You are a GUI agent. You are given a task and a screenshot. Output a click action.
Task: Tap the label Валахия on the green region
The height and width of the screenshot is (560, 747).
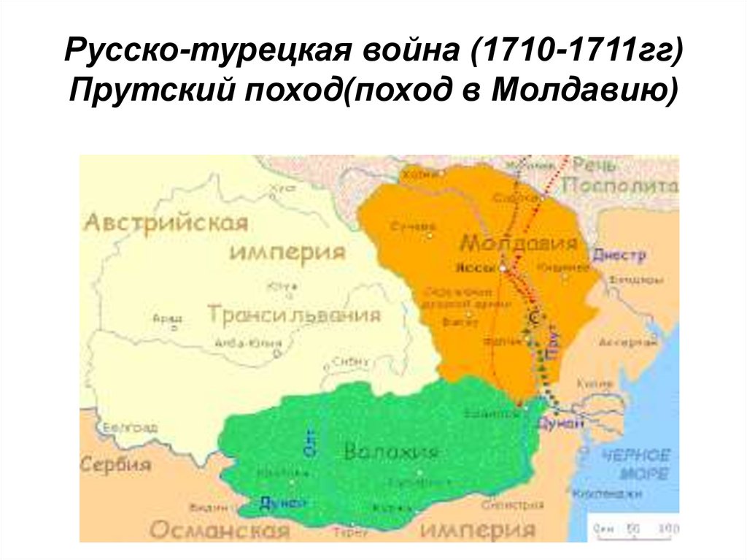click(391, 452)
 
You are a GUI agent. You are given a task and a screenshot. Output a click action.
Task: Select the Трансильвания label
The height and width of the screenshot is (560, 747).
click(294, 315)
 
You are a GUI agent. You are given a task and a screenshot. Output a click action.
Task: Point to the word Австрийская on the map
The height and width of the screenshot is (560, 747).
click(166, 222)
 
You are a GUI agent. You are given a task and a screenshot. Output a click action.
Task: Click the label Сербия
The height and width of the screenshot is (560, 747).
click(116, 464)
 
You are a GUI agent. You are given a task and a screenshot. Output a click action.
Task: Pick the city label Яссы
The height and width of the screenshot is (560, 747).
click(471, 267)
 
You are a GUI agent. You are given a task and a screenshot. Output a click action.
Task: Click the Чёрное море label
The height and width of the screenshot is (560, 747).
click(635, 464)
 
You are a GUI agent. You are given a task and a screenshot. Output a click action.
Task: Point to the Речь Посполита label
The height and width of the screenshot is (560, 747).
click(624, 175)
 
